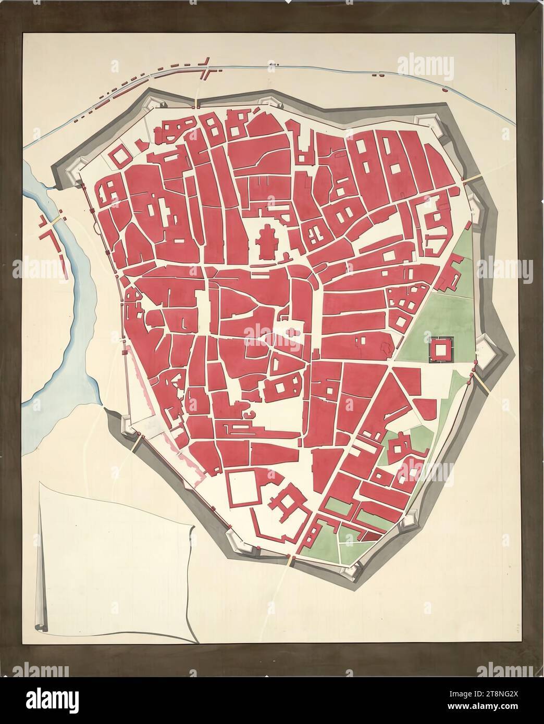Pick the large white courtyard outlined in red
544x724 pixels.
tap(244, 487)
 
